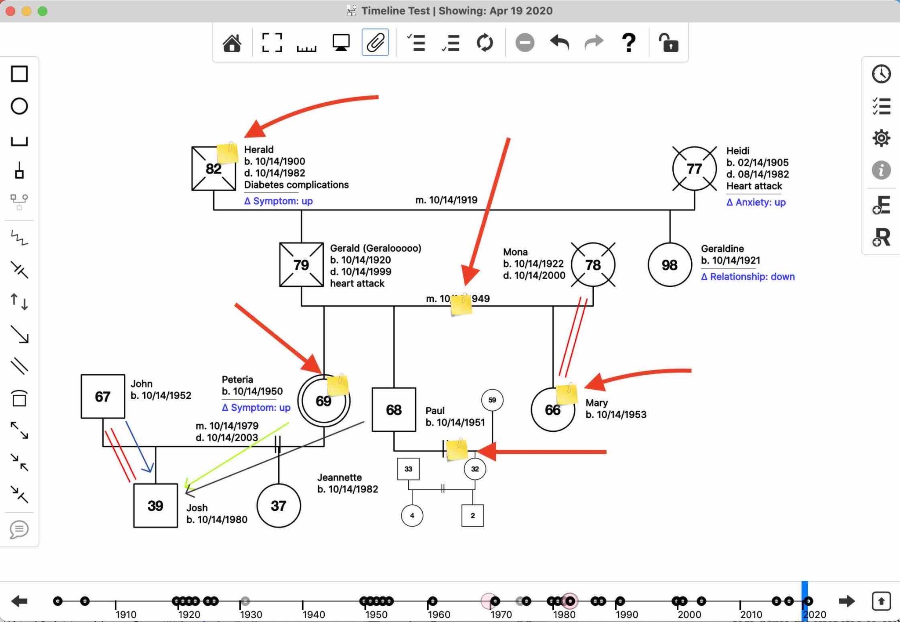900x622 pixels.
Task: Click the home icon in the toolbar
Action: pos(232,43)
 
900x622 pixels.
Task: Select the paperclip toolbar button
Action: pos(375,43)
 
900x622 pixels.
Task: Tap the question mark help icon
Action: pos(628,43)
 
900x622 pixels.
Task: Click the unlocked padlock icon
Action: pos(668,43)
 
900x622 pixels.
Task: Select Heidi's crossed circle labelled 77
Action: pos(694,169)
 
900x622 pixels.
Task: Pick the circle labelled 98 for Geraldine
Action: pos(669,265)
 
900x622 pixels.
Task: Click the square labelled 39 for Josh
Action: pos(156,506)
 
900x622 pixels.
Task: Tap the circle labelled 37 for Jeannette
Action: pos(279,506)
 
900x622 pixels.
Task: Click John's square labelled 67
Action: pos(103,397)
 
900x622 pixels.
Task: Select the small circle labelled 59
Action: pos(492,400)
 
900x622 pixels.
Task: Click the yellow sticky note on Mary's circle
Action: pos(566,394)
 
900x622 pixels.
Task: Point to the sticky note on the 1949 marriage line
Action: pos(461,305)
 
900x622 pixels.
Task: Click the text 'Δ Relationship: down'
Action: pos(748,277)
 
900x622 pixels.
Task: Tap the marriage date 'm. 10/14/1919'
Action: pos(446,200)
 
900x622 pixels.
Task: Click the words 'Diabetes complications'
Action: pos(296,185)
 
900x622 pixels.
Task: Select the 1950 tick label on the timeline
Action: pos(376,615)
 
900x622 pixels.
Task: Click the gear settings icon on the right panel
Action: pos(881,138)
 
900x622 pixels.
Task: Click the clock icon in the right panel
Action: pos(881,74)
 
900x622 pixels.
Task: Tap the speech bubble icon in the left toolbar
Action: pos(19,529)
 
